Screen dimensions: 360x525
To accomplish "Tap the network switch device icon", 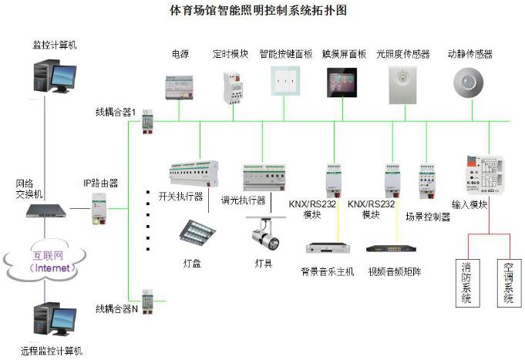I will [x=47, y=210].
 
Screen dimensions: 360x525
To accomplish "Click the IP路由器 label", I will [x=101, y=183].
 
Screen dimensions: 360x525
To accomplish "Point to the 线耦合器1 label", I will [x=116, y=113].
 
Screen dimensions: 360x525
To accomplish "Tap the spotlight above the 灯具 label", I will [x=265, y=233].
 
